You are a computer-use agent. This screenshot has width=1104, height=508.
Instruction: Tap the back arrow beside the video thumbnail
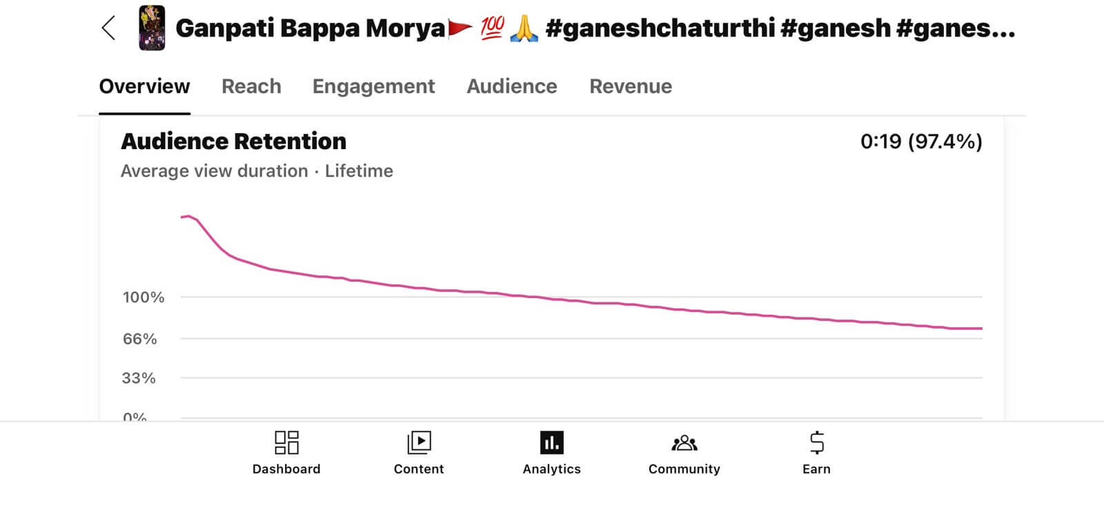[108, 28]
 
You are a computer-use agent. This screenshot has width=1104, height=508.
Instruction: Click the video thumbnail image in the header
[152, 28]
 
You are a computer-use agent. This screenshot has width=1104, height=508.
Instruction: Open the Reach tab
[251, 86]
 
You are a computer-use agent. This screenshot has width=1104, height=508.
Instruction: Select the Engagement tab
[373, 86]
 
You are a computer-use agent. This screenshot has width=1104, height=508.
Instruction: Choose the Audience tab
[511, 86]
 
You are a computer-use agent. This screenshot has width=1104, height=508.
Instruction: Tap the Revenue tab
[630, 86]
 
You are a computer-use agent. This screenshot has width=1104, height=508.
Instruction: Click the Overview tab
[144, 86]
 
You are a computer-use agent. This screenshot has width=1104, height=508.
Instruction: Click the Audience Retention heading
[233, 141]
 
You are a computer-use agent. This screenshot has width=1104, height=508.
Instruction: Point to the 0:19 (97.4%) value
[920, 141]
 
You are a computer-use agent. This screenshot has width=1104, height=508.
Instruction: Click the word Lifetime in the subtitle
[359, 171]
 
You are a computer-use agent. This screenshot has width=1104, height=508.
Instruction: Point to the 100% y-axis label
[144, 297]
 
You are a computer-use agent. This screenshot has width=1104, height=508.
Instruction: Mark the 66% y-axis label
[139, 339]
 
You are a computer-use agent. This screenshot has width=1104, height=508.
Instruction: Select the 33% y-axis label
[139, 378]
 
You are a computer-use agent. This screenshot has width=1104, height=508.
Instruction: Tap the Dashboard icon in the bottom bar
[286, 442]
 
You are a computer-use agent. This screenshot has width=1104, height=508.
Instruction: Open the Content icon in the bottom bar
[419, 442]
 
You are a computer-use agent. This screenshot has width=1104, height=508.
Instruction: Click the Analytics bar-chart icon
[551, 442]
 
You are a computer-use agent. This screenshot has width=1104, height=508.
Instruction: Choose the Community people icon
[684, 442]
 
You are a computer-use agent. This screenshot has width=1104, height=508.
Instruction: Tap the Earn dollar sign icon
[816, 442]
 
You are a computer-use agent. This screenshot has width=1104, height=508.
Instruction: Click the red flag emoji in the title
[460, 28]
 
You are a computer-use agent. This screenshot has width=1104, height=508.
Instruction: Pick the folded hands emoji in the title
[524, 28]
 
